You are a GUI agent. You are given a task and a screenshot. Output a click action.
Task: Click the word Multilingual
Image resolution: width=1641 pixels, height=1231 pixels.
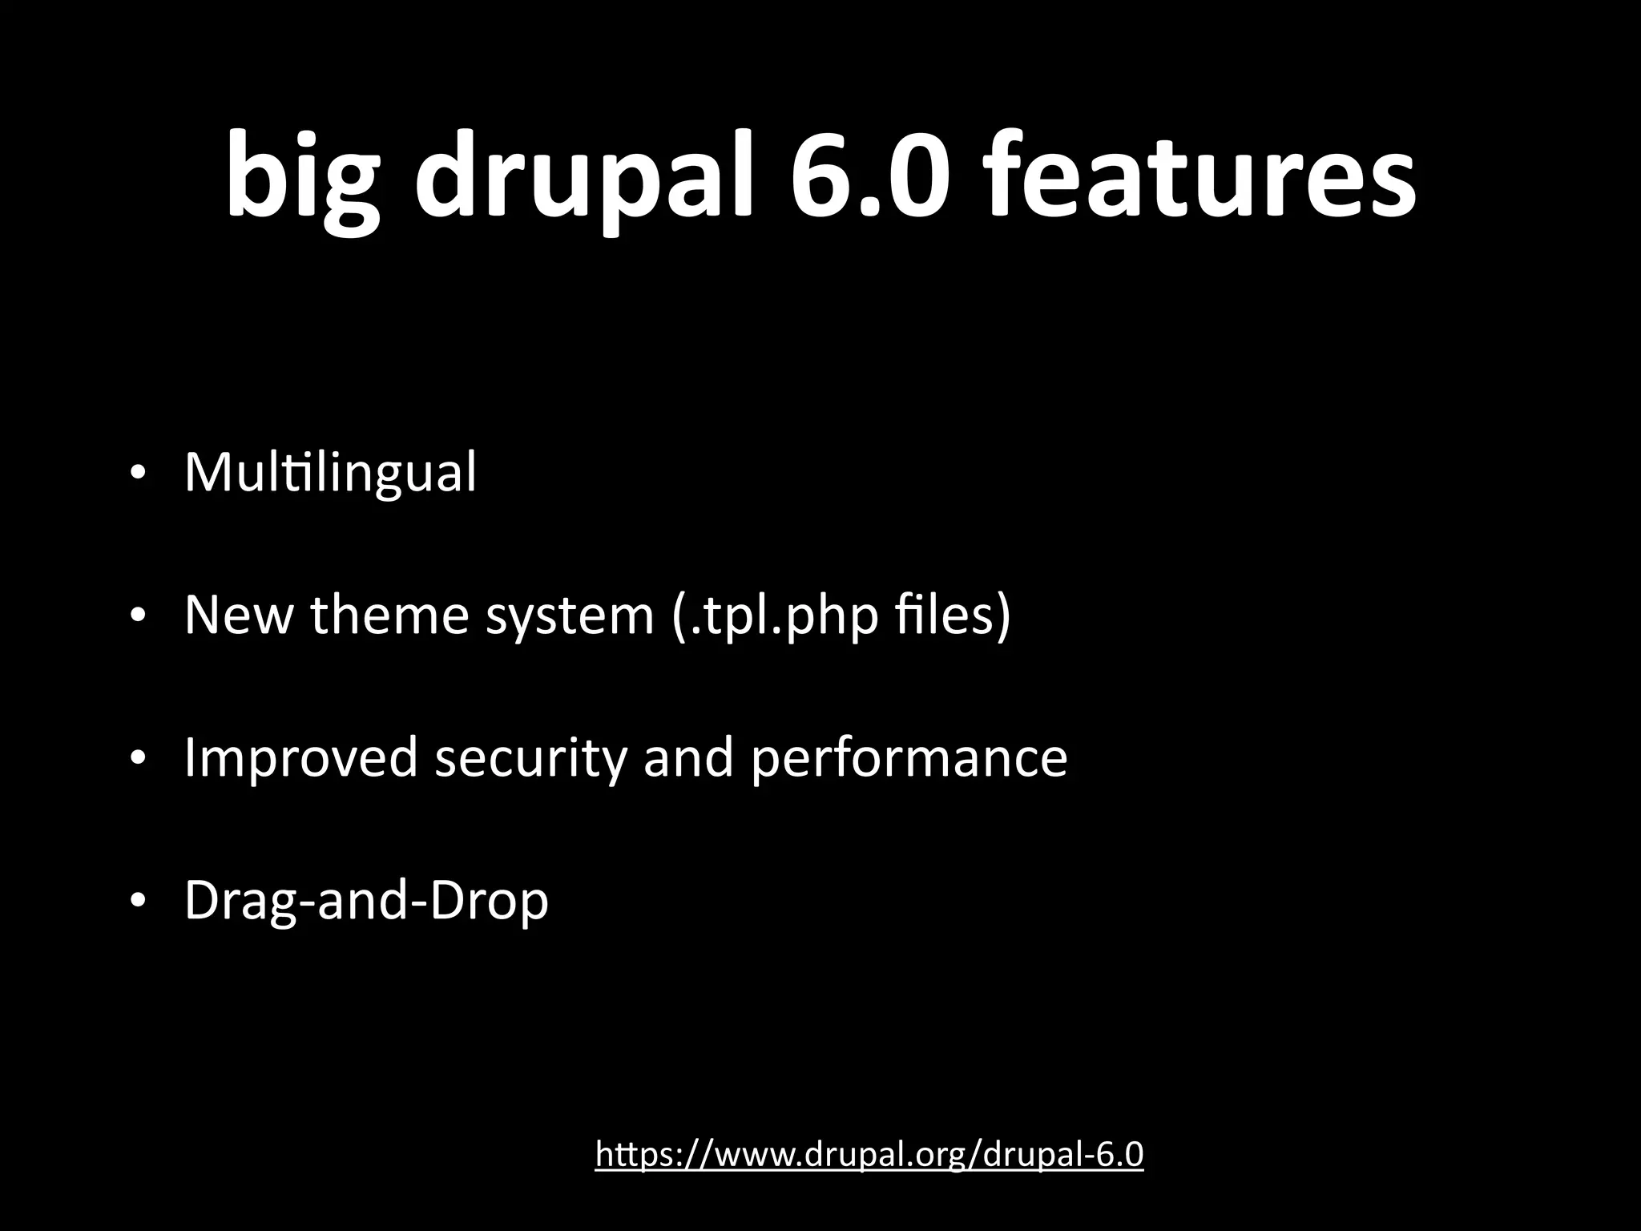[x=330, y=473]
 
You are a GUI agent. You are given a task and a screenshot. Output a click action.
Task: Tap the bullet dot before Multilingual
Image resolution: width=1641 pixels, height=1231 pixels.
[x=138, y=473]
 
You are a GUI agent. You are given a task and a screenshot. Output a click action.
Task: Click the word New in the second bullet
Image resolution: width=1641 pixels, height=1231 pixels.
[x=237, y=615]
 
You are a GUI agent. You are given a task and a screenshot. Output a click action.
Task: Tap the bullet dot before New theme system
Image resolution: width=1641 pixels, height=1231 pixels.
[x=138, y=615]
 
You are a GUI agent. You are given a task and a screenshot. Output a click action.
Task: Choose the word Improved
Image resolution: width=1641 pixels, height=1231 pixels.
[x=301, y=757]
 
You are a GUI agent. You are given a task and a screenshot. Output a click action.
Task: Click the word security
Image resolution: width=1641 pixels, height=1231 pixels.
[x=531, y=757]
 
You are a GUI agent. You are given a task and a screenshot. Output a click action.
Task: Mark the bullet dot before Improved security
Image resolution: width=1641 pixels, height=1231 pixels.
[x=138, y=757]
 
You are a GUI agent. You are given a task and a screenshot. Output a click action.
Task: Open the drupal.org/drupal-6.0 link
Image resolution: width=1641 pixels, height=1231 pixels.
[x=869, y=1155]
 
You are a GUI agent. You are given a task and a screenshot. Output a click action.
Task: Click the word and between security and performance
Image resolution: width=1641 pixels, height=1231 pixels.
[x=688, y=757]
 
